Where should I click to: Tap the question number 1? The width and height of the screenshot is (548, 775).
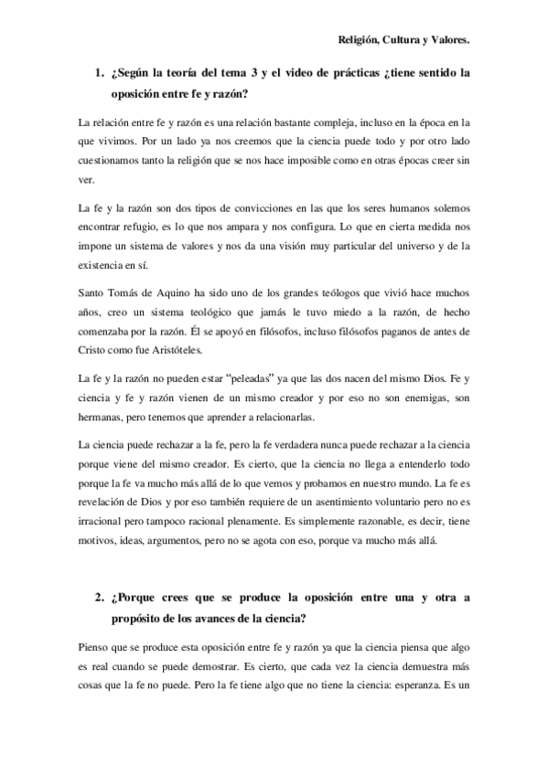(x=99, y=73)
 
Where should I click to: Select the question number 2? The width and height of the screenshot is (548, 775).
(x=99, y=598)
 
